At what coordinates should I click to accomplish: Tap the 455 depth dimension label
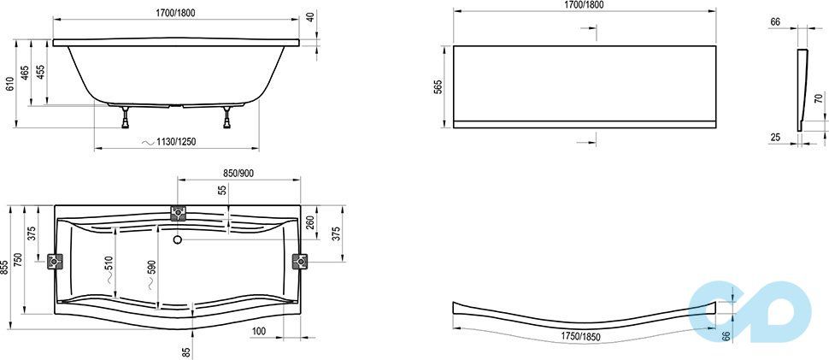(41, 72)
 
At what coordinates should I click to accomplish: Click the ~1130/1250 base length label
(170, 142)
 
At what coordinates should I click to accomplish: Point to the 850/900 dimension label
(238, 174)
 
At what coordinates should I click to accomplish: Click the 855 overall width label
(5, 268)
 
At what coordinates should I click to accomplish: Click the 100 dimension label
(259, 332)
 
